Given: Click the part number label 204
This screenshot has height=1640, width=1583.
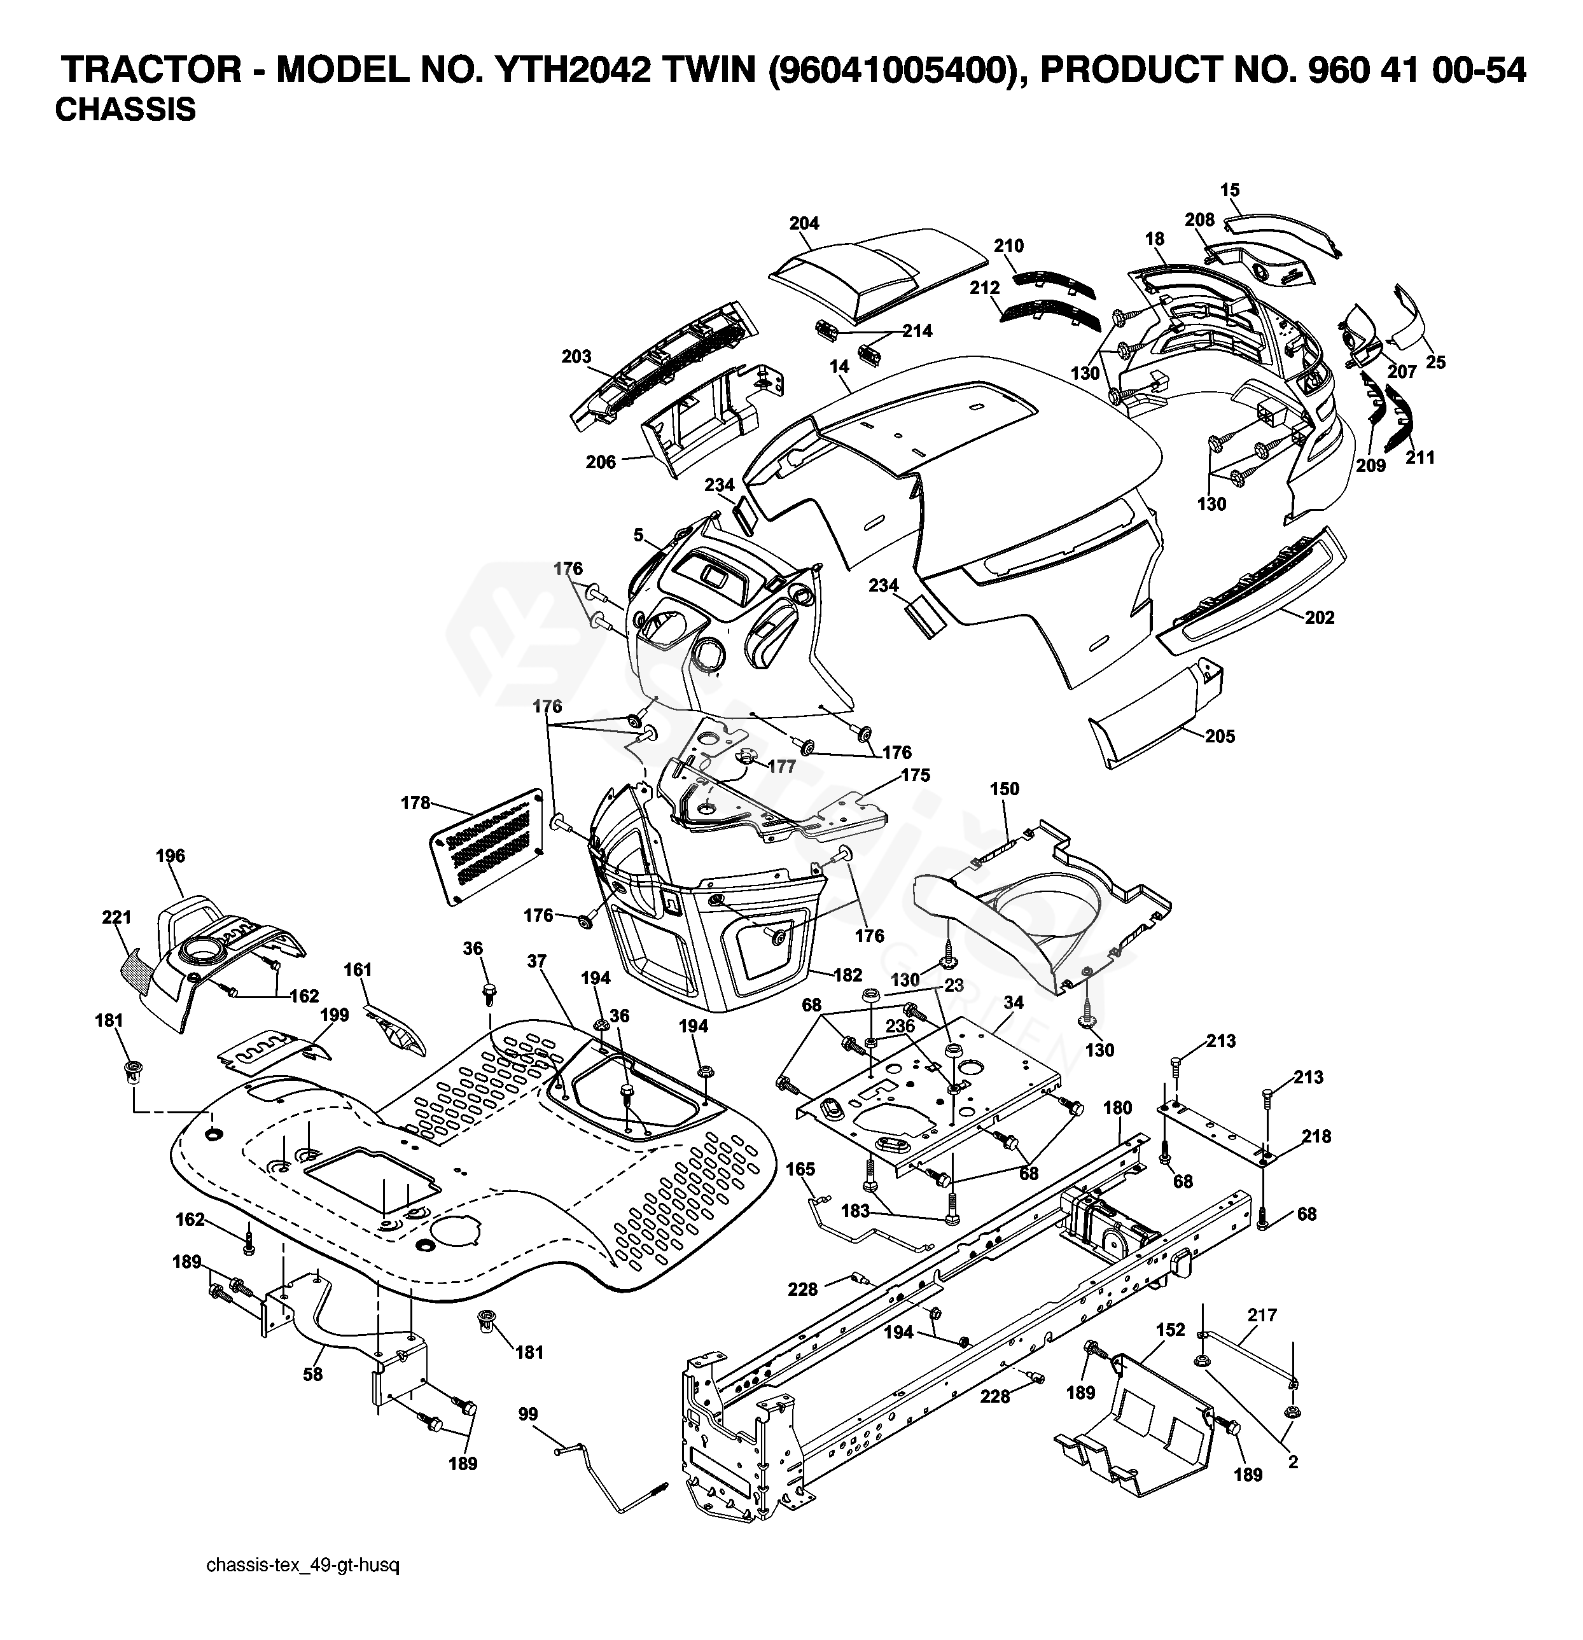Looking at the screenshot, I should [803, 223].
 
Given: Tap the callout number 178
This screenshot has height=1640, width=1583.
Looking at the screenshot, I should [415, 803].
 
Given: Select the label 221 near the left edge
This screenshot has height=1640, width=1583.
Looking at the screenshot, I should [117, 918].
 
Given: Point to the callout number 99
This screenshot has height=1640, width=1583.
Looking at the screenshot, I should [528, 1415].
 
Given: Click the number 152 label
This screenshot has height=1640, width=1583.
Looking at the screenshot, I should [1171, 1330].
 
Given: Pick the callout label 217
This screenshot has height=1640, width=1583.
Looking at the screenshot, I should [1262, 1316].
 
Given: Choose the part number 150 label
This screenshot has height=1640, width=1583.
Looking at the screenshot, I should [1004, 789].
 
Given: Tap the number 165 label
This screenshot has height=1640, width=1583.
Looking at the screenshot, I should [800, 1169].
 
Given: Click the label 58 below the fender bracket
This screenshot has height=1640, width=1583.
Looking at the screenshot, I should [313, 1375].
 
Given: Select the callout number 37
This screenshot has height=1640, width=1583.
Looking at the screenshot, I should [536, 962].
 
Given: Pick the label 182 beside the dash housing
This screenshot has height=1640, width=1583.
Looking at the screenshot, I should [847, 975].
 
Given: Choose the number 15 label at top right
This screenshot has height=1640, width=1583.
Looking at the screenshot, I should [1229, 191].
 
